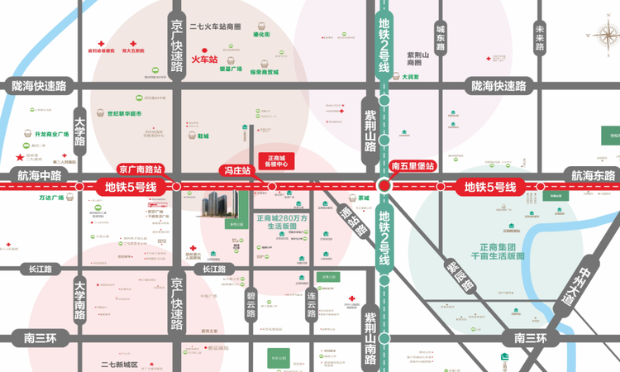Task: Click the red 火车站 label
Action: [x=204, y=60]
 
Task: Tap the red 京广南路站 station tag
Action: [x=141, y=168]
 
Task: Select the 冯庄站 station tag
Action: [x=236, y=169]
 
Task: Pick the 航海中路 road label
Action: [x=39, y=175]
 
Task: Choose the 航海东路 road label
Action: [x=593, y=175]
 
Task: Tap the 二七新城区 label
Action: [x=120, y=364]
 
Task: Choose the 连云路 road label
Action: [x=312, y=306]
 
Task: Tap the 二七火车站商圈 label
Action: [x=215, y=26]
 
